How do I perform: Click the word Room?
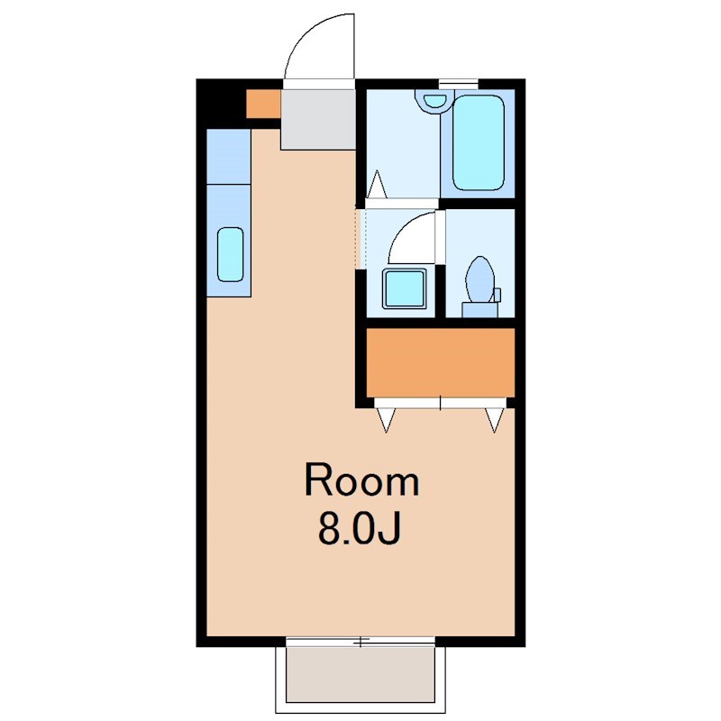361,481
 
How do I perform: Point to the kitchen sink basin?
230,253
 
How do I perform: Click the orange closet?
440,361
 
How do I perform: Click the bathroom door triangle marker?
378,186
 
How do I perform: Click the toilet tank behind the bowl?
479,309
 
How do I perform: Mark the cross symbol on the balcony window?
360,643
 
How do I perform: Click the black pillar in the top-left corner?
221,104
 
